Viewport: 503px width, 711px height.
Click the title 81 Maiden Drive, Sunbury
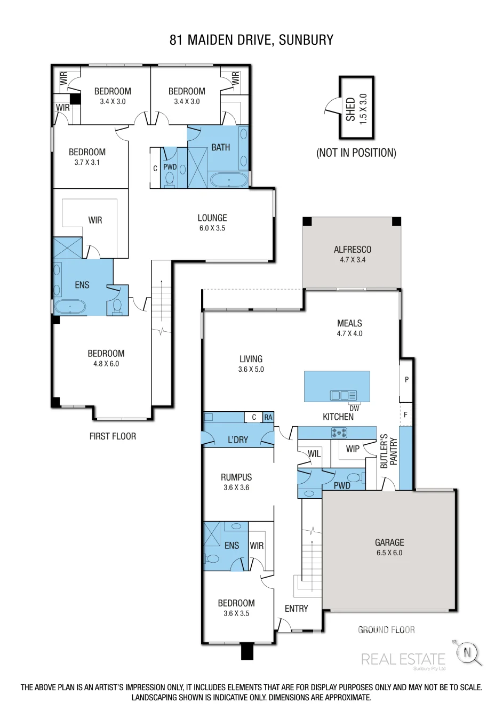click(251, 40)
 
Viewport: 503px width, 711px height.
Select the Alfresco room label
click(353, 254)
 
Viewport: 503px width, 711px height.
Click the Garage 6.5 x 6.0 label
click(389, 547)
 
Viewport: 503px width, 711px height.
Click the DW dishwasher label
click(354, 409)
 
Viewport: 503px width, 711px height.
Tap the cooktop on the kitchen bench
click(339, 433)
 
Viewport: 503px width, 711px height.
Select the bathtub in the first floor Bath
click(229, 180)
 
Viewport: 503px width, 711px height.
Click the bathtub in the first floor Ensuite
click(70, 307)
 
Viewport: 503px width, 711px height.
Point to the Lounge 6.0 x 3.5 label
click(212, 223)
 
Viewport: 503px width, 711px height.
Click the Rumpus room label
click(236, 482)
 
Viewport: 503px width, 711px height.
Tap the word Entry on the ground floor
click(297, 609)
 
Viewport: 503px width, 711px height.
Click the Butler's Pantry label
click(389, 451)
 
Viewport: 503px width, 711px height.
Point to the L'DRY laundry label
click(238, 440)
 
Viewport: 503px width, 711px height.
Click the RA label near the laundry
click(268, 417)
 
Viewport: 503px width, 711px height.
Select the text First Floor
click(113, 436)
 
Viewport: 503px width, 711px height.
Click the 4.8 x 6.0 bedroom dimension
click(106, 364)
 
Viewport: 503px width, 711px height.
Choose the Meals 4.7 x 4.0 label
click(349, 328)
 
